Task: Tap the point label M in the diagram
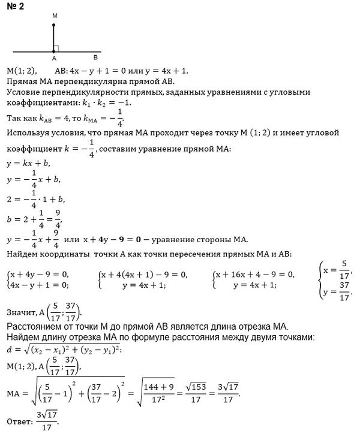tap(54, 14)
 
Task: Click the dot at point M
tap(53, 25)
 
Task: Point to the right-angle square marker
tap(56, 47)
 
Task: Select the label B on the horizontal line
tap(95, 58)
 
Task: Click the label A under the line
tap(53, 59)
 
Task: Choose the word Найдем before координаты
tap(22, 255)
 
